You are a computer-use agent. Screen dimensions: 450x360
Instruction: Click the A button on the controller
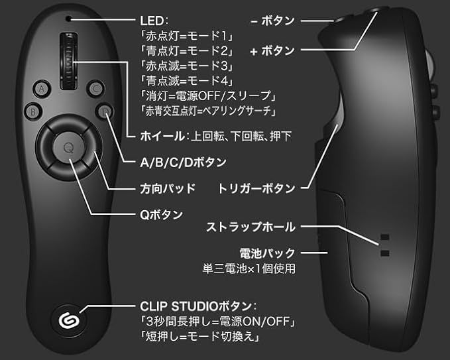click(x=42, y=89)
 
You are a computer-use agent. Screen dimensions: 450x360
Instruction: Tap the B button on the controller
click(x=33, y=111)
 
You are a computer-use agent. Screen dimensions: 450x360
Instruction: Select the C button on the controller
click(x=95, y=89)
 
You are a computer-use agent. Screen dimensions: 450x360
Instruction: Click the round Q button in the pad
click(x=69, y=148)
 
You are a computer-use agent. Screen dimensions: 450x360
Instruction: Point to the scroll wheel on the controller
click(x=68, y=60)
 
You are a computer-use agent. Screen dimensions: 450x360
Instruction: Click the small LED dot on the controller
click(x=68, y=19)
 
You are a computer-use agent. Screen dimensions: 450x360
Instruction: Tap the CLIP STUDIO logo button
click(x=69, y=320)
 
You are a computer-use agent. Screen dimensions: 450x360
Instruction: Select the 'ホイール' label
click(x=162, y=136)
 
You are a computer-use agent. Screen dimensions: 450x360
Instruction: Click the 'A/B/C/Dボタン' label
click(x=183, y=162)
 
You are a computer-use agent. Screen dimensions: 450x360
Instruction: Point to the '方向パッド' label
click(x=168, y=188)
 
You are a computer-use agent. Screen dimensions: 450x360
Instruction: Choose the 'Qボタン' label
click(x=161, y=215)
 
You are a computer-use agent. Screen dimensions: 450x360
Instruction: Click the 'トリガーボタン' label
click(x=256, y=188)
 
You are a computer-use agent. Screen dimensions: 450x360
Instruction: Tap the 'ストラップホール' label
click(x=251, y=227)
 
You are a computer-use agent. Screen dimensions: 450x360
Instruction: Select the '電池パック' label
click(x=268, y=253)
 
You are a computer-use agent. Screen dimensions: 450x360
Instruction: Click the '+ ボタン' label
click(x=272, y=51)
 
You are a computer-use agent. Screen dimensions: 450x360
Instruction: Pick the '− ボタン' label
click(x=272, y=21)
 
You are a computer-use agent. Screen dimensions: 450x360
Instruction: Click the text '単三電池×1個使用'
click(x=249, y=269)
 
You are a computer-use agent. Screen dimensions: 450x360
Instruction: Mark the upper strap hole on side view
click(x=384, y=237)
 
